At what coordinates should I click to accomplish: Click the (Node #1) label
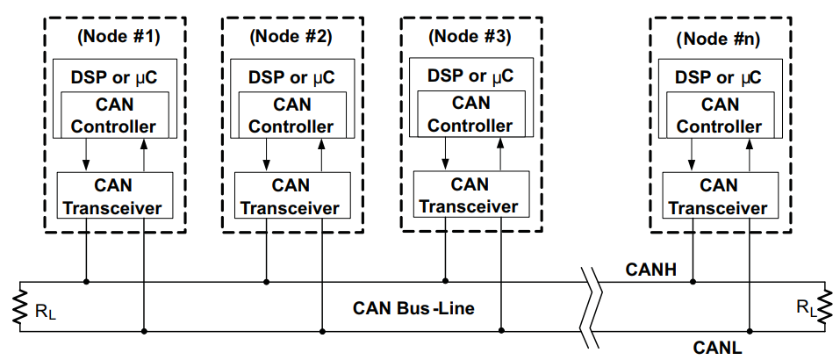click(118, 37)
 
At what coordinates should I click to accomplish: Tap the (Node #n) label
click(718, 40)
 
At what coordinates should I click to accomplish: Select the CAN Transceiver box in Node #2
click(293, 195)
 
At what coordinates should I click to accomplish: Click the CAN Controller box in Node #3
click(470, 113)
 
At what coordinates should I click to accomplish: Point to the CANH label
click(651, 270)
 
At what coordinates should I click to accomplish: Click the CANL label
click(718, 348)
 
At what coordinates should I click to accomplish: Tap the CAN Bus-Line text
click(413, 308)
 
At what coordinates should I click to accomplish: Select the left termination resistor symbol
click(19, 306)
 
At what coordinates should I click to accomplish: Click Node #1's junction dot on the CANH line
click(86, 281)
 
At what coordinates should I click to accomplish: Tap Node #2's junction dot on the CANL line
click(322, 331)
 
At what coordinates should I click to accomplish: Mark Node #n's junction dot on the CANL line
click(750, 331)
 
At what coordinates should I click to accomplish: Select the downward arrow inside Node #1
click(84, 155)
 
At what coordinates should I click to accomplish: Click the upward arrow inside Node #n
click(750, 155)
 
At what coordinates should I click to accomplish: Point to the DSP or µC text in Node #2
click(291, 76)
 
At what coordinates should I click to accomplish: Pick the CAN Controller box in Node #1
click(114, 115)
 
